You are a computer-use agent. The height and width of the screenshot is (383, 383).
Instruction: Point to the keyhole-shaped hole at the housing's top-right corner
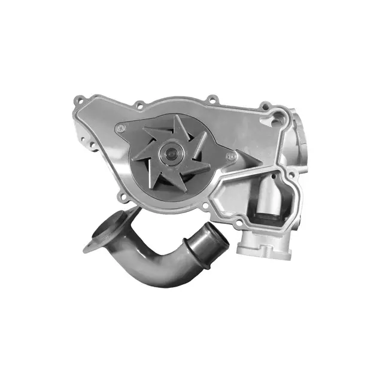[x=276, y=118]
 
